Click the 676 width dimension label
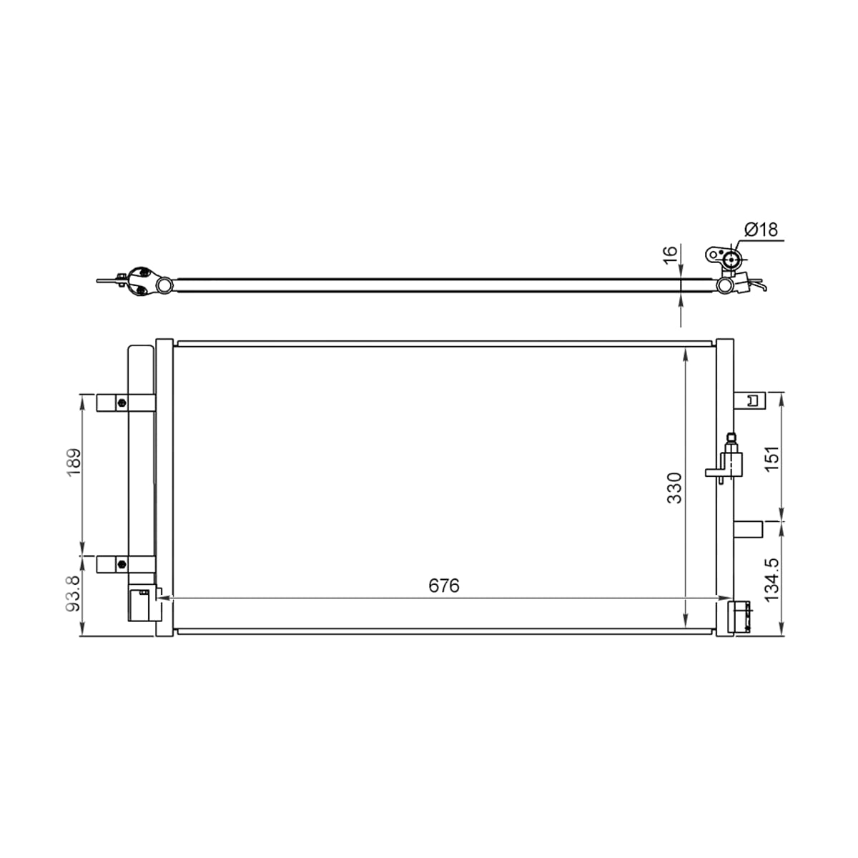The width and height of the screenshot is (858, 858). (x=444, y=586)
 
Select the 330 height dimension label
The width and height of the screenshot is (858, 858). (x=674, y=488)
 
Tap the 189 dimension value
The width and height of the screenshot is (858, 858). (x=74, y=462)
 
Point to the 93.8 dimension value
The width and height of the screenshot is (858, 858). (x=74, y=593)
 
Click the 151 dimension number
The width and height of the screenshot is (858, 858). (x=772, y=458)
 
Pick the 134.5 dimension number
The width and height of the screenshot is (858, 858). (x=772, y=580)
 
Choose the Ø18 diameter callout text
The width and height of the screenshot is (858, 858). (x=761, y=230)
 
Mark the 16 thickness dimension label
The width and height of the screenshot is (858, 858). (x=670, y=255)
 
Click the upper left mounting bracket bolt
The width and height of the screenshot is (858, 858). (x=122, y=403)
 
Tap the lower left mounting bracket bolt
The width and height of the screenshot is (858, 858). (x=122, y=565)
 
